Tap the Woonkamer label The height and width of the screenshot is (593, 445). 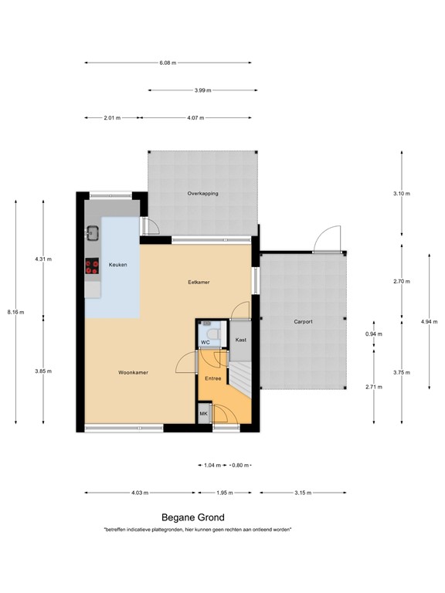coord(133,372)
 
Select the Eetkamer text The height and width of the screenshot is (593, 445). coord(199,282)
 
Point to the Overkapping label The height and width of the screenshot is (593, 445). coord(202,193)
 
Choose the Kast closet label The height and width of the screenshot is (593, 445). coord(240,339)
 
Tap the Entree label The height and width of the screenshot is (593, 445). coord(212,378)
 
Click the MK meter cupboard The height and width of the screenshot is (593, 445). coord(204,415)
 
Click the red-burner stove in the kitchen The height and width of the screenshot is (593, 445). coord(92,266)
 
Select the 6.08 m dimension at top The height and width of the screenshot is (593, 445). coord(168,63)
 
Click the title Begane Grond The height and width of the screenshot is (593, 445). coord(193,518)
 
